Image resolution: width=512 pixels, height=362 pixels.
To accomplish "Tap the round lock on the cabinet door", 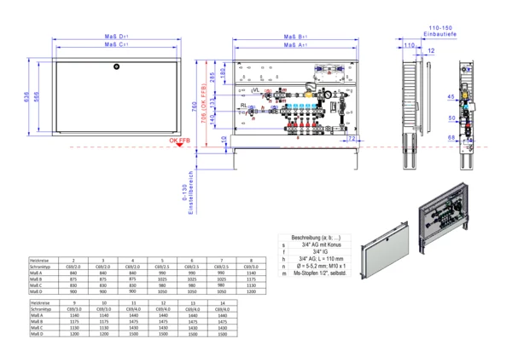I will pyautogui.click(x=118, y=66).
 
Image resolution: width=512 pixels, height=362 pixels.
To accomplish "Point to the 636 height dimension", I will pyautogui.click(x=27, y=98).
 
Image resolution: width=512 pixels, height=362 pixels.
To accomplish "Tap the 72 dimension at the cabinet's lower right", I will pyautogui.click(x=352, y=137).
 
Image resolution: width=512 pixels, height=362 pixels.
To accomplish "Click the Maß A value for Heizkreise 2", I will pyautogui.click(x=74, y=273).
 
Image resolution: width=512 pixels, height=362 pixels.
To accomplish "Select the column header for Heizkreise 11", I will pyautogui.click(x=133, y=302).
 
